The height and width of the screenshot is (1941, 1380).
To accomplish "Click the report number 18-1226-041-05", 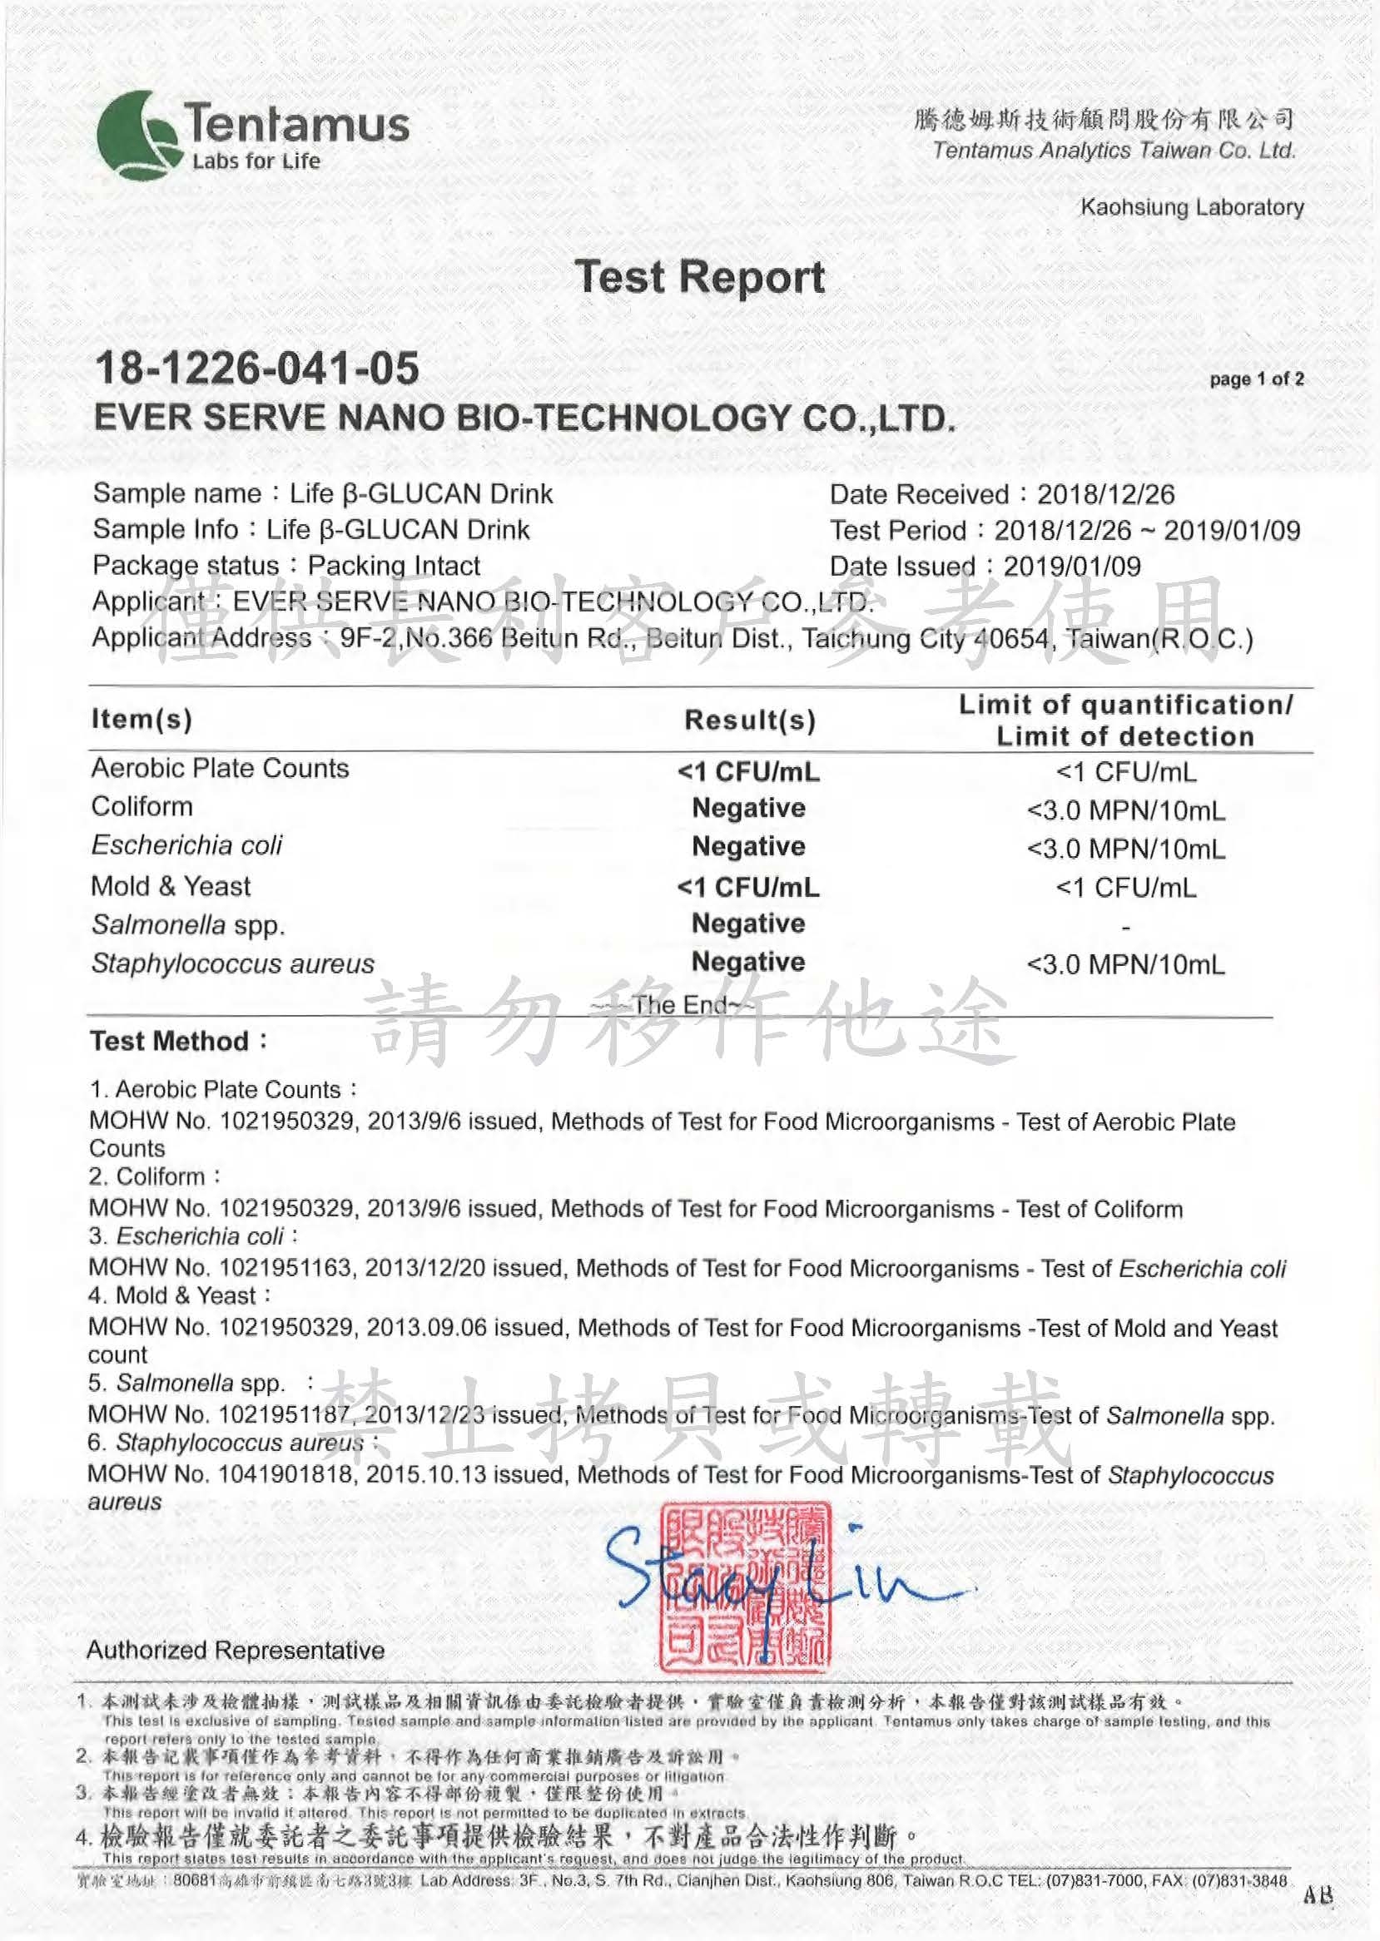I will click(256, 369).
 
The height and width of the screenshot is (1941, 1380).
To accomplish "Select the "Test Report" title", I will click(699, 278).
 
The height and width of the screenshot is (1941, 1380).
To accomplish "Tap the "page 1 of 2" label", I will click(1256, 379).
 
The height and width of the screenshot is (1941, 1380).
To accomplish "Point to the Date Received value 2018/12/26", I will click(1105, 494).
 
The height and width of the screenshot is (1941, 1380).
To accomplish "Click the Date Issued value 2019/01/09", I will click(1071, 567).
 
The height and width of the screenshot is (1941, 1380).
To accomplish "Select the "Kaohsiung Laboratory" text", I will click(1191, 207).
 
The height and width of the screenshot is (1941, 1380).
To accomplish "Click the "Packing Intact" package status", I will click(394, 566).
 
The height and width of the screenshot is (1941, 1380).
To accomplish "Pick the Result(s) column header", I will click(749, 720).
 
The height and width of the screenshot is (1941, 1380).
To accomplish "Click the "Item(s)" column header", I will click(141, 720).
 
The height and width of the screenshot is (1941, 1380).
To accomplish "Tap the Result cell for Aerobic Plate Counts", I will click(748, 772).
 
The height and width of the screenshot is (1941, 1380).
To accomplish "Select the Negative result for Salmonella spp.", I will click(748, 923).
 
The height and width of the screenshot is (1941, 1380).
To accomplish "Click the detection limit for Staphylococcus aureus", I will click(1125, 964).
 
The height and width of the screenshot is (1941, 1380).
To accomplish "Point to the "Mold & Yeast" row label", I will click(171, 887).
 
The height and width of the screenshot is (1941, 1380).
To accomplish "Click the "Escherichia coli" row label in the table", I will click(187, 845).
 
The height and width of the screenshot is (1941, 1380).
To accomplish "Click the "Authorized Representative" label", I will click(236, 1651).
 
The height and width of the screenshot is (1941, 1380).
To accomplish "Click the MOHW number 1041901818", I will click(285, 1474).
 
